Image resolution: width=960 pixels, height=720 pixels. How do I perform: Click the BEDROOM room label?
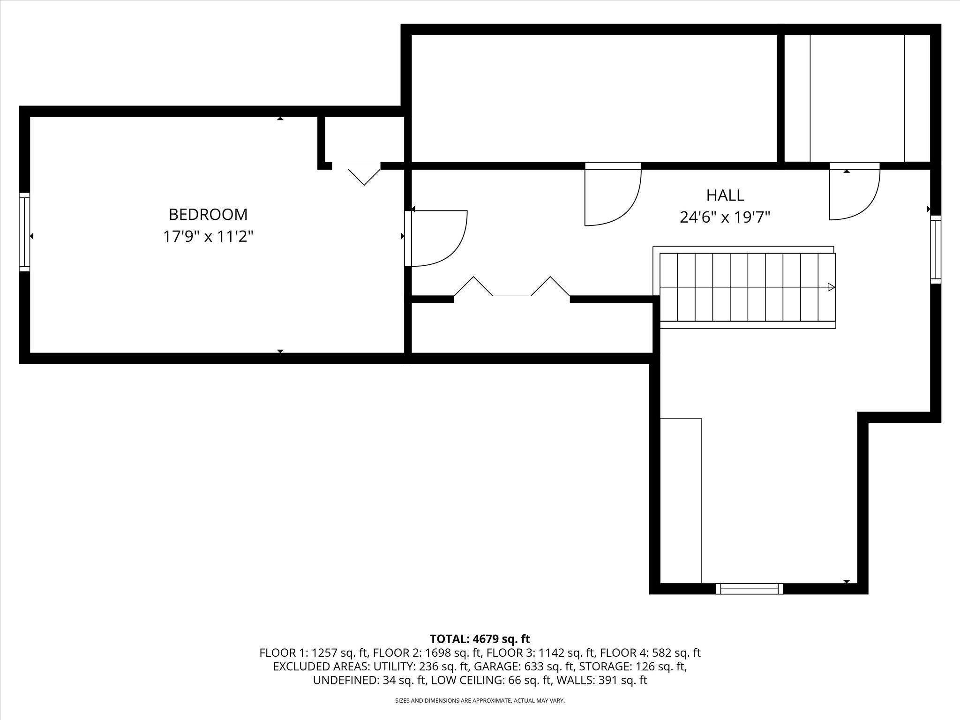pos(208,215)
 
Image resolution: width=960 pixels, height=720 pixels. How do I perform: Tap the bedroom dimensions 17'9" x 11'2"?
pos(208,236)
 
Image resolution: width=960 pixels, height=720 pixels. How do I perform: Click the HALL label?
pos(725,195)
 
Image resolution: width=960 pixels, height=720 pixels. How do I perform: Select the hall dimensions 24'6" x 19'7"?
pos(725,217)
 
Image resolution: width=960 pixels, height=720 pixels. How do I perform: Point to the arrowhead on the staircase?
pos(831,287)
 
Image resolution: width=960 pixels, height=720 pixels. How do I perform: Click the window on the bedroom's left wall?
pos(24,232)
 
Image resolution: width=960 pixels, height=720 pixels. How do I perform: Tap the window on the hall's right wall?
pos(936,249)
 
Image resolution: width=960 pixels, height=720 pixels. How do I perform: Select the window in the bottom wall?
pos(749,588)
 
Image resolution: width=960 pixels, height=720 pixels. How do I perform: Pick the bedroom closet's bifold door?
pos(364,173)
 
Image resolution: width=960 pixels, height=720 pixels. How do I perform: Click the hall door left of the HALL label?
pos(612,194)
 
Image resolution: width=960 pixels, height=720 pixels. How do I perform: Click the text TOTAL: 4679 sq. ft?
pos(480,639)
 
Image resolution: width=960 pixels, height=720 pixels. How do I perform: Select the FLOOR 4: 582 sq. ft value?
pos(650,653)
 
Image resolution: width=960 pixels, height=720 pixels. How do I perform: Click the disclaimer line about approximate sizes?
pos(480,701)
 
